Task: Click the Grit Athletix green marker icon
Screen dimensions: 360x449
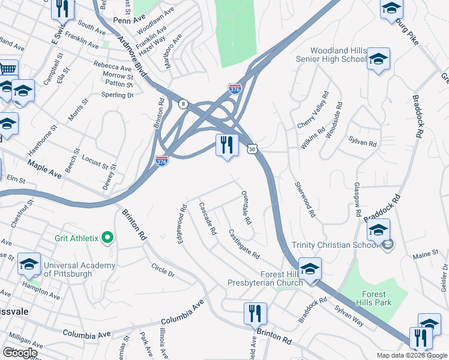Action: (107, 238)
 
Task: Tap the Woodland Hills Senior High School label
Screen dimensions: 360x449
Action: (331, 55)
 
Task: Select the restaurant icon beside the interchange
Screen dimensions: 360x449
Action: (227, 145)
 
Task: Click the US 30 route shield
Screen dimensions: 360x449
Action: (253, 148)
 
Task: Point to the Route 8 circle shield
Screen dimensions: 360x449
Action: (183, 104)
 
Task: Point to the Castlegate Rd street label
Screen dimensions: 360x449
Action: (244, 244)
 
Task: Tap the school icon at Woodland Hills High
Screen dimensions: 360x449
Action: (378, 59)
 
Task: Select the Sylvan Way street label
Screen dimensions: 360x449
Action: (349, 317)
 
